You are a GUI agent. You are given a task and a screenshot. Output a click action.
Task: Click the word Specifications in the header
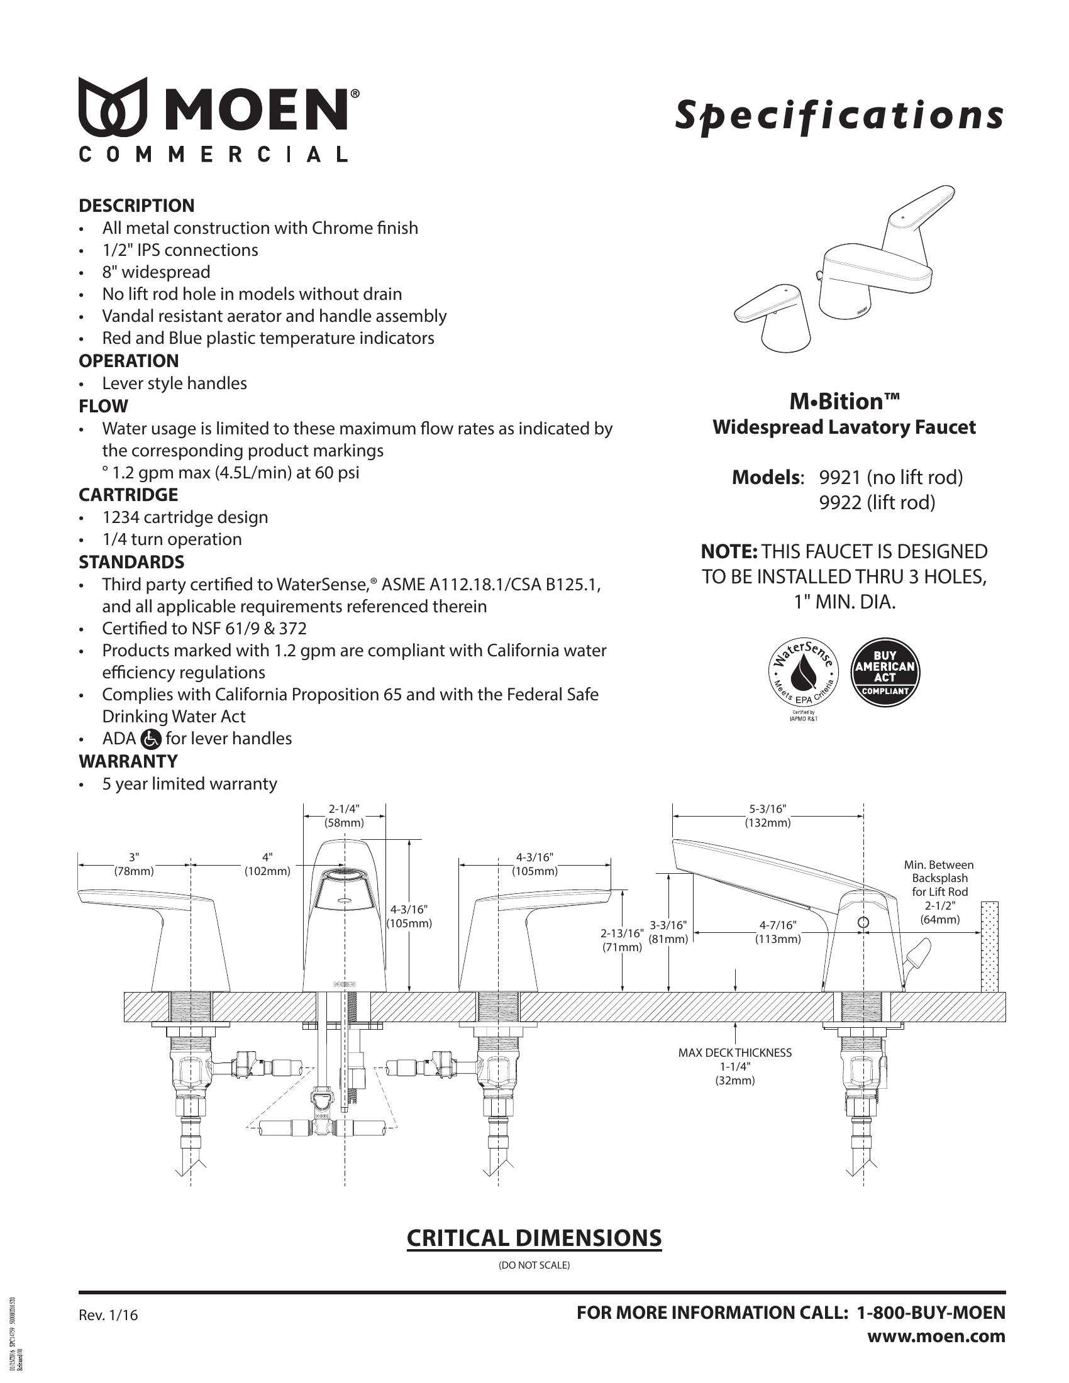point(839,115)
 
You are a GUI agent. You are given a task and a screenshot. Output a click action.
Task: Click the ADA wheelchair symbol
point(151,739)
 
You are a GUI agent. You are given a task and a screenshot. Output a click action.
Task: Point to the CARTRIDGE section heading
point(128,495)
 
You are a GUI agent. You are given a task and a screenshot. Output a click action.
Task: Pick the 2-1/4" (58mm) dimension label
point(344,816)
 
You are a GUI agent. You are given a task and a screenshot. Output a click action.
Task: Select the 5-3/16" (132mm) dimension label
point(768,816)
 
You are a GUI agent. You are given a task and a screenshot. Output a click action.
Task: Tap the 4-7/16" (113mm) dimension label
point(778,932)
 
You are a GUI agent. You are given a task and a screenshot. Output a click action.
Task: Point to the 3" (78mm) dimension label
point(133,864)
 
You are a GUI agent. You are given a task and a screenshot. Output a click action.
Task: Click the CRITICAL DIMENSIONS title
point(534,1238)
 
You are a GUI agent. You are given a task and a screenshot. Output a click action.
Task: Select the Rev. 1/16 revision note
point(108,1315)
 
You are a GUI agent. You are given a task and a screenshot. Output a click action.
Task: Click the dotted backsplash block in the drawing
point(989,947)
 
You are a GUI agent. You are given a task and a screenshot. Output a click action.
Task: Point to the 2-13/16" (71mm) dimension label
point(622,940)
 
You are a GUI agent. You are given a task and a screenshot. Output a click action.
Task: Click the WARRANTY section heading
point(128,761)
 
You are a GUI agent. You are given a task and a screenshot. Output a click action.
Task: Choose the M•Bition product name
point(844,402)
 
